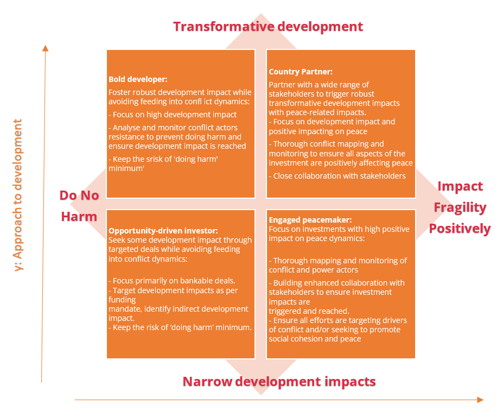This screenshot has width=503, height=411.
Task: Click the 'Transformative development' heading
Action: coord(268,27)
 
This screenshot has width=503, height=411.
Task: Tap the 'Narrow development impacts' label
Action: coord(279,382)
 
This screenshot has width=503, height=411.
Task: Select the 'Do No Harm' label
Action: coord(79,206)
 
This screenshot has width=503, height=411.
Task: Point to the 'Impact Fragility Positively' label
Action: coord(460,207)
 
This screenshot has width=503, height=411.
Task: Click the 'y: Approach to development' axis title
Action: coord(18,195)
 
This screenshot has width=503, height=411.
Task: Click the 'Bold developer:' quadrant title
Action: coord(138,79)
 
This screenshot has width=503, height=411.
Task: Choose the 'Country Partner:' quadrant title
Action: coord(301,72)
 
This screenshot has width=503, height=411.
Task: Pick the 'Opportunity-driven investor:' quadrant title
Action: coord(163,231)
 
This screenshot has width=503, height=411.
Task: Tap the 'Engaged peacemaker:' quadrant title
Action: coord(310,220)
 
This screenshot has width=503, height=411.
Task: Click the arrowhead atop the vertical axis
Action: coord(46,48)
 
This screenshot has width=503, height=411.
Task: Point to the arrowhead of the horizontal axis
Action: coord(480,400)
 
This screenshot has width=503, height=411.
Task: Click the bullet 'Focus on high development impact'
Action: coord(173,115)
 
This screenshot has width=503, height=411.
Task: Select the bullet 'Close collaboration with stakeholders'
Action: coord(337,176)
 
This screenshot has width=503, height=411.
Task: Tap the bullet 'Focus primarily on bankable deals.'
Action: coord(172,281)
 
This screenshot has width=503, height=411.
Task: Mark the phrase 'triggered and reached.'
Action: coord(309,311)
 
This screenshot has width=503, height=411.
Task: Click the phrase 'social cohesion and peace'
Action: coord(315,339)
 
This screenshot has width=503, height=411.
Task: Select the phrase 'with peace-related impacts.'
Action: coord(317,113)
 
